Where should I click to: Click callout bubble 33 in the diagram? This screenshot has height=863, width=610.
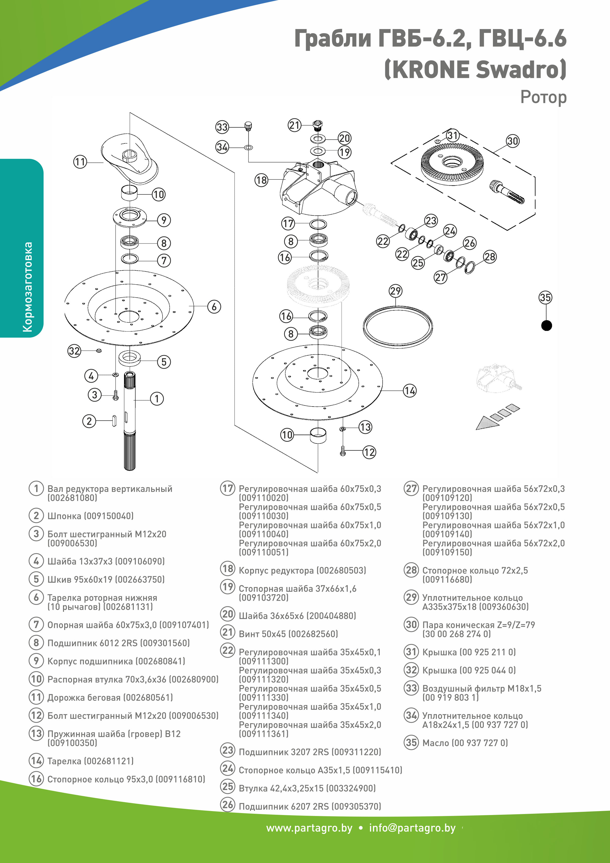pyautogui.click(x=222, y=127)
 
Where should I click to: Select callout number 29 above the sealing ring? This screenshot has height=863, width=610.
pyautogui.click(x=396, y=291)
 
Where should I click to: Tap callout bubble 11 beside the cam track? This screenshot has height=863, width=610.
pyautogui.click(x=80, y=162)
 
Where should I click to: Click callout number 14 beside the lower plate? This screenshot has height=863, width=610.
pyautogui.click(x=410, y=391)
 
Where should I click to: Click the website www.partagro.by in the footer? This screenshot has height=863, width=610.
pyautogui.click(x=309, y=828)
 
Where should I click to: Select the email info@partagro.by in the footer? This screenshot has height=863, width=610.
pyautogui.click(x=412, y=828)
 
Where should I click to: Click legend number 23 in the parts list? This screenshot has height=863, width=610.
pyautogui.click(x=228, y=750)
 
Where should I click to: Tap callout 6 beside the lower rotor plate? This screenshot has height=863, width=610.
pyautogui.click(x=214, y=307)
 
